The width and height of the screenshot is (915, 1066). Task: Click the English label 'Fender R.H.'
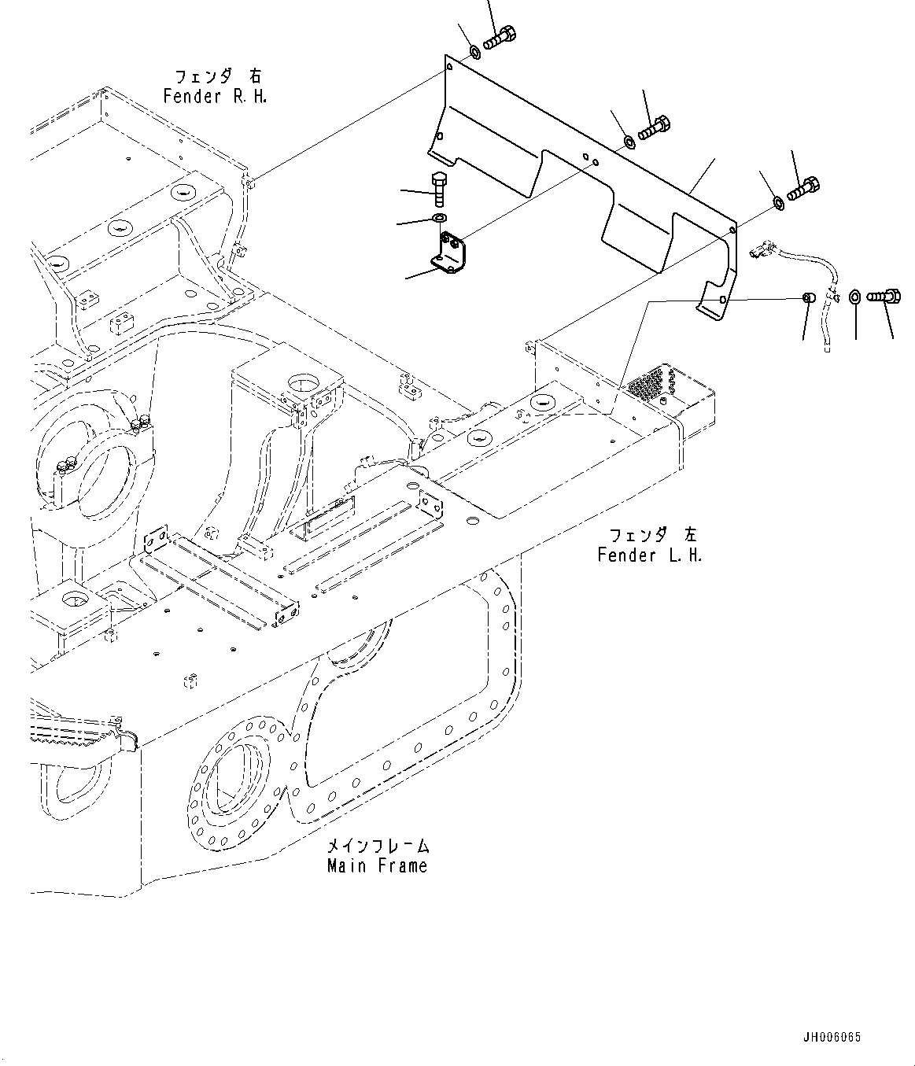click(x=215, y=97)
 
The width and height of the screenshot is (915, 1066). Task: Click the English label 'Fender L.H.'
click(x=649, y=555)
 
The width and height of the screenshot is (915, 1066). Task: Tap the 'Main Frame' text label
click(x=378, y=866)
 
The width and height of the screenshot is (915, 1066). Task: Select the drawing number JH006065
click(x=831, y=1037)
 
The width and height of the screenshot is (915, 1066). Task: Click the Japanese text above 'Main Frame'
click(x=378, y=847)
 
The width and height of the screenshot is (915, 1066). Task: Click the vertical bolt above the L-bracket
click(x=439, y=189)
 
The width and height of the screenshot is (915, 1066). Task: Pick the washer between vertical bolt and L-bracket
click(x=439, y=217)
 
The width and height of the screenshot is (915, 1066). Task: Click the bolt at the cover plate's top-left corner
click(x=499, y=37)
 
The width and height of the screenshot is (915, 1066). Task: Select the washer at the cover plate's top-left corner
click(x=475, y=53)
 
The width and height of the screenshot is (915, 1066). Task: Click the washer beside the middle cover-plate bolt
click(x=630, y=142)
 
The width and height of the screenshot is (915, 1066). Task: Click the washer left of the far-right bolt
click(x=855, y=297)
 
